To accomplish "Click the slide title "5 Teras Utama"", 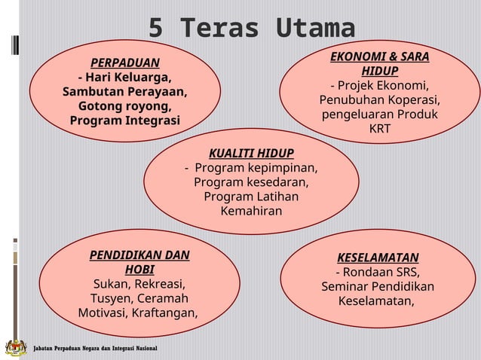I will pyautogui.click(x=251, y=29).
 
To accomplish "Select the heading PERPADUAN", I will pyautogui.click(x=125, y=63).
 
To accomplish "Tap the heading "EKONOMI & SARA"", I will pyautogui.click(x=380, y=56).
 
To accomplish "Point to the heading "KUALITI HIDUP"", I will pyautogui.click(x=251, y=153).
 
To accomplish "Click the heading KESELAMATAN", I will pyautogui.click(x=378, y=258).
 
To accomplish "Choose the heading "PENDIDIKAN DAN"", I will pyautogui.click(x=139, y=255).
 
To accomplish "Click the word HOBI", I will pyautogui.click(x=139, y=270).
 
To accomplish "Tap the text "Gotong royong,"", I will pyautogui.click(x=125, y=106).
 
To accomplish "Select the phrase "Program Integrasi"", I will pyautogui.click(x=125, y=121).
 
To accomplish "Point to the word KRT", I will pyautogui.click(x=380, y=129).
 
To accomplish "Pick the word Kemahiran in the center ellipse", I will pyautogui.click(x=251, y=211).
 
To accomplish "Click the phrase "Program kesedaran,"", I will pyautogui.click(x=251, y=182).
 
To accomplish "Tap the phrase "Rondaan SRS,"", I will pyautogui.click(x=378, y=272).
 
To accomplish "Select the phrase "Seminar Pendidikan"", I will pyautogui.click(x=378, y=287).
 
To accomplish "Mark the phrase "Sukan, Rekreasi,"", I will pyautogui.click(x=139, y=284).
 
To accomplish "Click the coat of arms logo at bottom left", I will pyautogui.click(x=15, y=347).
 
